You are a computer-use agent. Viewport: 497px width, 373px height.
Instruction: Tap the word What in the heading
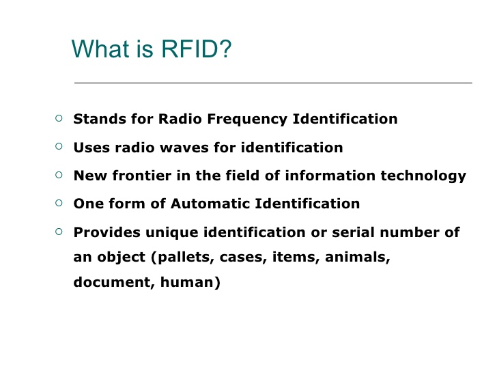101,49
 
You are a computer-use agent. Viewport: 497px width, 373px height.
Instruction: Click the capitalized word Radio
180,119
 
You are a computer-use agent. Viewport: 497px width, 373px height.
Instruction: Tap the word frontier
142,176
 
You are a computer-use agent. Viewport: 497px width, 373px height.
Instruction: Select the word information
330,176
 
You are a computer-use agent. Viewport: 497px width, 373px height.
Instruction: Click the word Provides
106,232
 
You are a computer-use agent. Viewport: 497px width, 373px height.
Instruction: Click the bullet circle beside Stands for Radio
59,118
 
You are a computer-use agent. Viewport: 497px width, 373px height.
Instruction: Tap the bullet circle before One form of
59,203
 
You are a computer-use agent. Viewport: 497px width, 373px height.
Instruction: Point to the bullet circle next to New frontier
59,175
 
